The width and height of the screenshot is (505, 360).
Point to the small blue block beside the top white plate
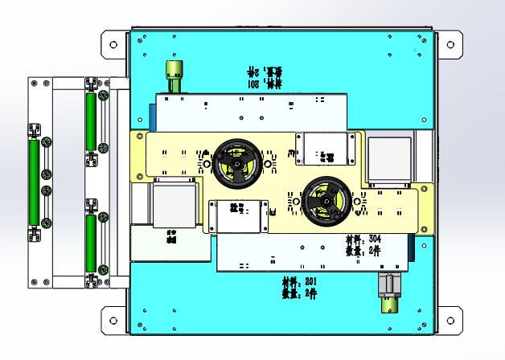click(x=152, y=117)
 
